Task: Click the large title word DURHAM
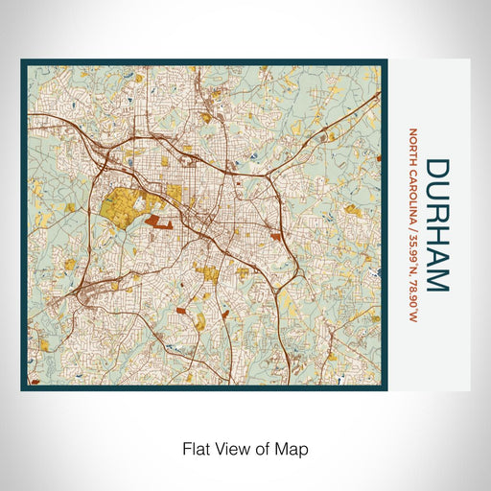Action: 436,225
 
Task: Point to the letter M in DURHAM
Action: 436,280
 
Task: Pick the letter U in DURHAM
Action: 436,190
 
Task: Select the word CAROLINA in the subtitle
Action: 414,189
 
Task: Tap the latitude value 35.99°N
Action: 414,245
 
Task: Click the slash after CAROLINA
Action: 414,219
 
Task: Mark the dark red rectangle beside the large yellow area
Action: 160,223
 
